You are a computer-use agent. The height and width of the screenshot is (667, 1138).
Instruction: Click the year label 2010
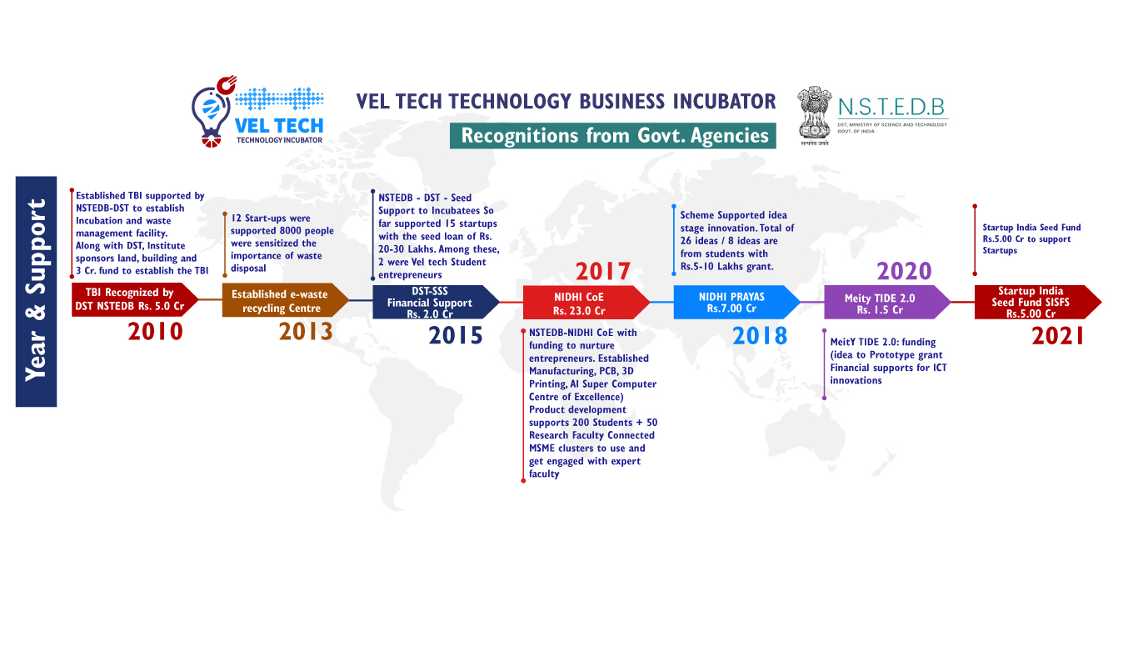click(x=155, y=332)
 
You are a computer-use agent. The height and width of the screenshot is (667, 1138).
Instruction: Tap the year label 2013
click(x=306, y=332)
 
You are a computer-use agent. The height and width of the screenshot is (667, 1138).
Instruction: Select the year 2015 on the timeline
click(x=456, y=335)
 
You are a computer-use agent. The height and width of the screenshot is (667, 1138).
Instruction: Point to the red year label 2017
click(x=603, y=272)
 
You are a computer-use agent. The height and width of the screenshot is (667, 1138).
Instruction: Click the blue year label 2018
click(x=760, y=336)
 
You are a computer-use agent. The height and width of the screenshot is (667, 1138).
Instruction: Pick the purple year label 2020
click(x=904, y=272)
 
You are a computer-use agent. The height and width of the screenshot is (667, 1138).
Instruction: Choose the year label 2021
click(x=1058, y=336)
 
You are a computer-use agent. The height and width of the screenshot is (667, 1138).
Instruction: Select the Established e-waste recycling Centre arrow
click(x=286, y=300)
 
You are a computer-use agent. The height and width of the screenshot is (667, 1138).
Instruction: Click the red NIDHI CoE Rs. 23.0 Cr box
click(x=586, y=303)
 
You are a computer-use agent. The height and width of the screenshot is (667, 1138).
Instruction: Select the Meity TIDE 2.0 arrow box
click(x=887, y=303)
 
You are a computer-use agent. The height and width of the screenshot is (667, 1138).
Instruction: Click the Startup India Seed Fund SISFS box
click(x=1038, y=302)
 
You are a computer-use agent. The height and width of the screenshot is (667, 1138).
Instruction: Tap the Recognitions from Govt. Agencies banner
click(x=612, y=136)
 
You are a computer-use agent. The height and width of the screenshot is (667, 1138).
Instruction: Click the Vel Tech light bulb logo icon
click(x=213, y=112)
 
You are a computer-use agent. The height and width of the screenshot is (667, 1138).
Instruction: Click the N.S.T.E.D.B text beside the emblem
click(x=891, y=108)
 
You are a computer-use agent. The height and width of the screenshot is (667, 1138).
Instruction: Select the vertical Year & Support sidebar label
click(x=36, y=291)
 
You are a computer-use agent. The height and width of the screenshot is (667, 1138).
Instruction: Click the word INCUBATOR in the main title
click(x=725, y=101)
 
